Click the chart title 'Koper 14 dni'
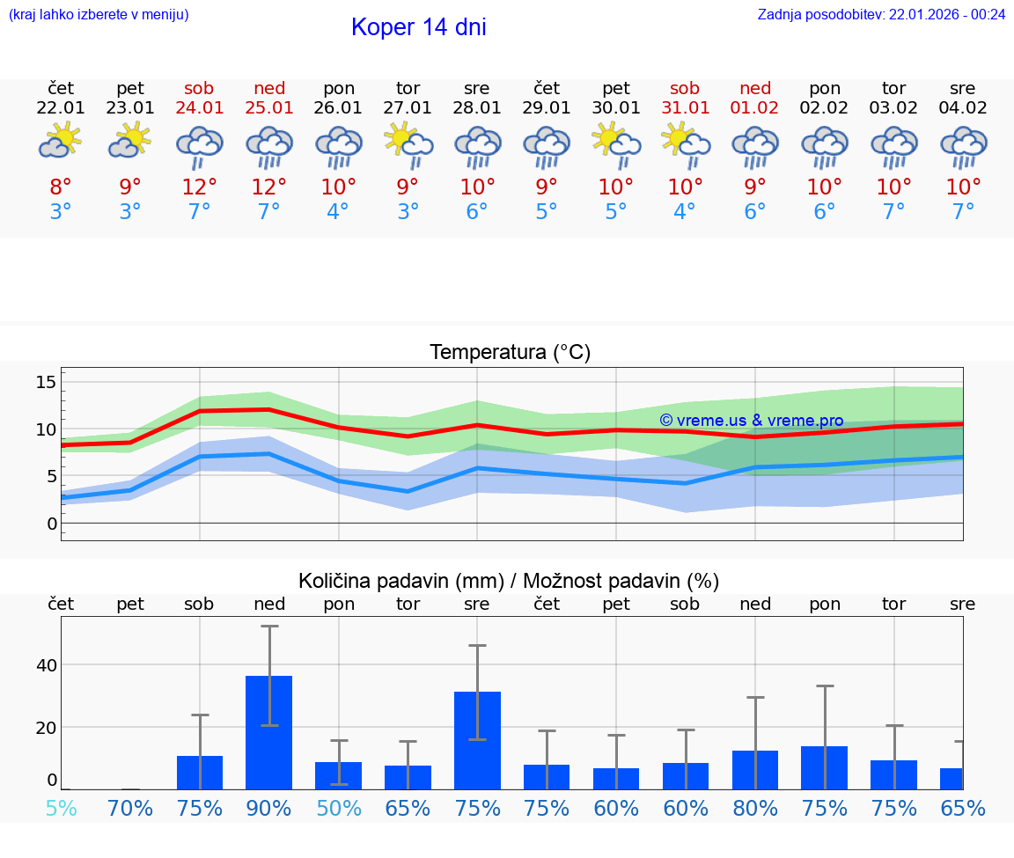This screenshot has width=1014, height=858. pos(418,27)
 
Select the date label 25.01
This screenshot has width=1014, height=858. pos(269,108)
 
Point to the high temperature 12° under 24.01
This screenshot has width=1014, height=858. pos(200,187)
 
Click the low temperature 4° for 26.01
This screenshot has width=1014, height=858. pos(338,212)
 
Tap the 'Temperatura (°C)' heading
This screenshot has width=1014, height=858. pos(510,352)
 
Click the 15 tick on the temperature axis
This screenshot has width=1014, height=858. pos(46,382)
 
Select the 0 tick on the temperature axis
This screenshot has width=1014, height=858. pos(51,524)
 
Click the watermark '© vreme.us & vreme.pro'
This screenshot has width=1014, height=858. pos(751,421)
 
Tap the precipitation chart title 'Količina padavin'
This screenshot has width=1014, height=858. pos(509,581)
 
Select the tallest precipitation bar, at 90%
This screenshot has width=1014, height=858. pos(268,732)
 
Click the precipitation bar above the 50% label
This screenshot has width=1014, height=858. pos(338,775)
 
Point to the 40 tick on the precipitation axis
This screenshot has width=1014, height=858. pos(46,665)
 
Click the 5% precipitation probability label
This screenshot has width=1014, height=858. pos(61,808)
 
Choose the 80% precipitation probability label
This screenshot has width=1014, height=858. pos(754,808)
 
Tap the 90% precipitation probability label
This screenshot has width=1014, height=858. pos(268,808)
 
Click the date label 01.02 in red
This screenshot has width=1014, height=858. pos(754,108)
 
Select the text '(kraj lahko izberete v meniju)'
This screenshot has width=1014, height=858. pos(99,14)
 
